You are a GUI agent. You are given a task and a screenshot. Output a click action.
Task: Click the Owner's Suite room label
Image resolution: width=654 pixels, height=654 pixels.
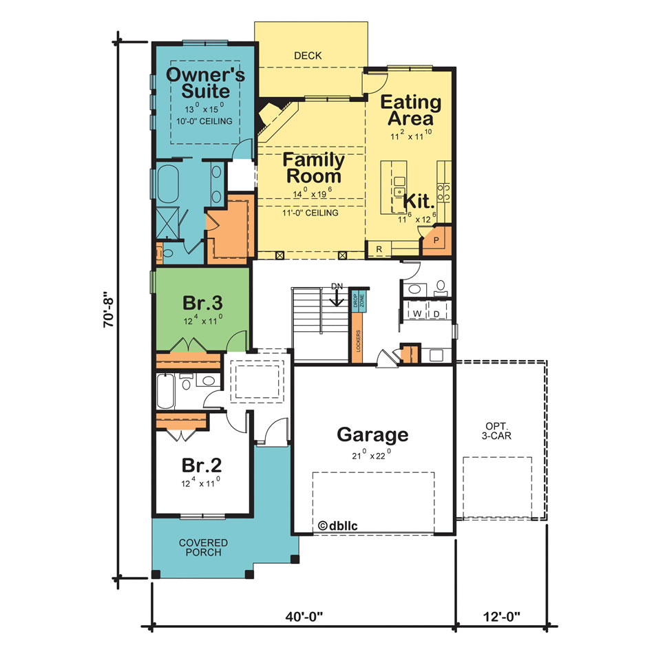(204, 81)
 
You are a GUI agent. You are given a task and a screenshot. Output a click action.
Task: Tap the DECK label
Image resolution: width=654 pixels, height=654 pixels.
(308, 56)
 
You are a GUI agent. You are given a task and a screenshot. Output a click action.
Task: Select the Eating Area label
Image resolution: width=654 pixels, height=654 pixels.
(411, 110)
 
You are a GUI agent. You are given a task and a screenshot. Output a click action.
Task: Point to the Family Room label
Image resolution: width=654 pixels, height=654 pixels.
(314, 168)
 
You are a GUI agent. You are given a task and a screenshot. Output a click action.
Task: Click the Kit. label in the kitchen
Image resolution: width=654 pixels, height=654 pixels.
(418, 202)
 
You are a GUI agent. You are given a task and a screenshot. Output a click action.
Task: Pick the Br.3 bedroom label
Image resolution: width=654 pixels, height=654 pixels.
(202, 303)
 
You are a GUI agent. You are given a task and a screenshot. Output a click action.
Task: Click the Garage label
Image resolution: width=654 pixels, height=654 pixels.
(372, 434)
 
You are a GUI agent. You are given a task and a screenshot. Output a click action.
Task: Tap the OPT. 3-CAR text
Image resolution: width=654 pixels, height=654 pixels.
(497, 430)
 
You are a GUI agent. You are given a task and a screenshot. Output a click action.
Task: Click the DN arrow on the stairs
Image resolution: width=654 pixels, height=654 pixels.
(337, 297)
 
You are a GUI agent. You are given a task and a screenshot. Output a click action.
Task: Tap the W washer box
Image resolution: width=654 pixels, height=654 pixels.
(417, 313)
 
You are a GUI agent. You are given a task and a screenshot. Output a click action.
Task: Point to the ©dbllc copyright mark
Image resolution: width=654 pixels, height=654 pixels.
(338, 525)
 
